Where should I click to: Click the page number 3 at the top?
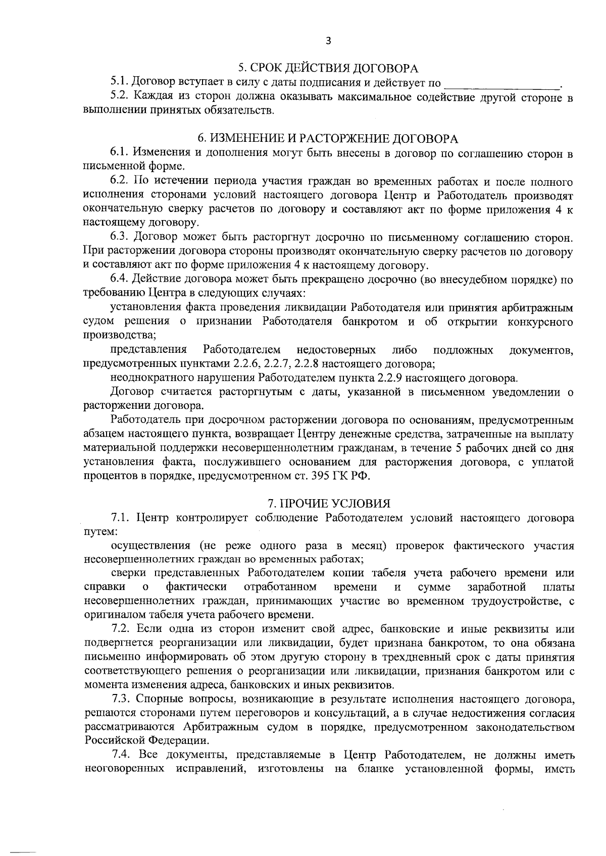pyautogui.click(x=328, y=41)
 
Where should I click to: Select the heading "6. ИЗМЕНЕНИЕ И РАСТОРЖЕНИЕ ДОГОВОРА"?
pyautogui.click(x=328, y=138)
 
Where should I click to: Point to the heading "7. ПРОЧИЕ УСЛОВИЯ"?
pyautogui.click(x=329, y=503)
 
